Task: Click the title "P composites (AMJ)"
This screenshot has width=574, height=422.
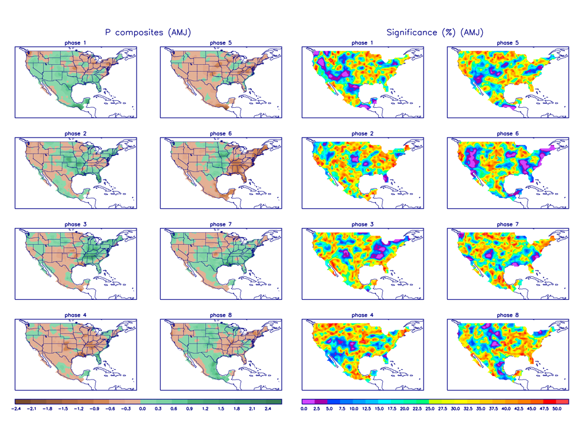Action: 148,33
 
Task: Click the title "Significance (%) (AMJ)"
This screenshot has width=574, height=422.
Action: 435,33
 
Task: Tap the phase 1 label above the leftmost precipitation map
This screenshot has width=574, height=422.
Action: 76,43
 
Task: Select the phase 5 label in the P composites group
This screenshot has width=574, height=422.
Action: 218,43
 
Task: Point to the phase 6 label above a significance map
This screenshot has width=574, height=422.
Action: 505,134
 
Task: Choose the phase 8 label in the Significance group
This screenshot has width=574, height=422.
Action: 505,315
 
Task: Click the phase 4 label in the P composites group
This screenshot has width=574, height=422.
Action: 76,315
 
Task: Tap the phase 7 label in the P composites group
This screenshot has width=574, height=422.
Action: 218,224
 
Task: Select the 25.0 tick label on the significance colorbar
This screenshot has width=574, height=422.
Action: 429,409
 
